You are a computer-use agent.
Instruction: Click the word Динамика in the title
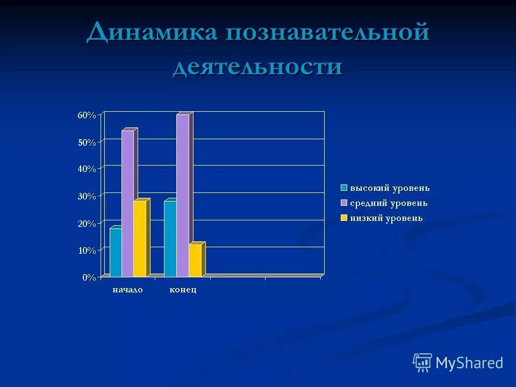[x=152, y=33]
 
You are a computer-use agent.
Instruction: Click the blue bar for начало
[x=116, y=253]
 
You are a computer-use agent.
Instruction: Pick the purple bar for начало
[x=127, y=204]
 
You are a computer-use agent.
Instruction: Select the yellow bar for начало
[x=139, y=239]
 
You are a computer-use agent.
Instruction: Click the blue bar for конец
[x=170, y=239]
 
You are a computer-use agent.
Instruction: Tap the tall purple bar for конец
[x=182, y=196]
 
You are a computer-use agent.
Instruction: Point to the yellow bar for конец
[x=195, y=261]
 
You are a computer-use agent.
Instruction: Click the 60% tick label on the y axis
[x=87, y=115]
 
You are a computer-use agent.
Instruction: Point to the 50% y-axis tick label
[x=87, y=142]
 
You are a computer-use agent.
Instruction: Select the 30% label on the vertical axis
[x=87, y=196]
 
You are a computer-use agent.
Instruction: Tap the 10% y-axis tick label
[x=87, y=250]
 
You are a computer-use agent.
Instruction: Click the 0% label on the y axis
[x=89, y=277]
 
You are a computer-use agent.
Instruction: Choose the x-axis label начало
[x=127, y=290]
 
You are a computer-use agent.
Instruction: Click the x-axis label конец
[x=183, y=290]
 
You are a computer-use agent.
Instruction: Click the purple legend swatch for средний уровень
[x=343, y=203]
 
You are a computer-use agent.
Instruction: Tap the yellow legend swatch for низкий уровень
[x=343, y=218]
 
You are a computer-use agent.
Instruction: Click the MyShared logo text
[x=469, y=363]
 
